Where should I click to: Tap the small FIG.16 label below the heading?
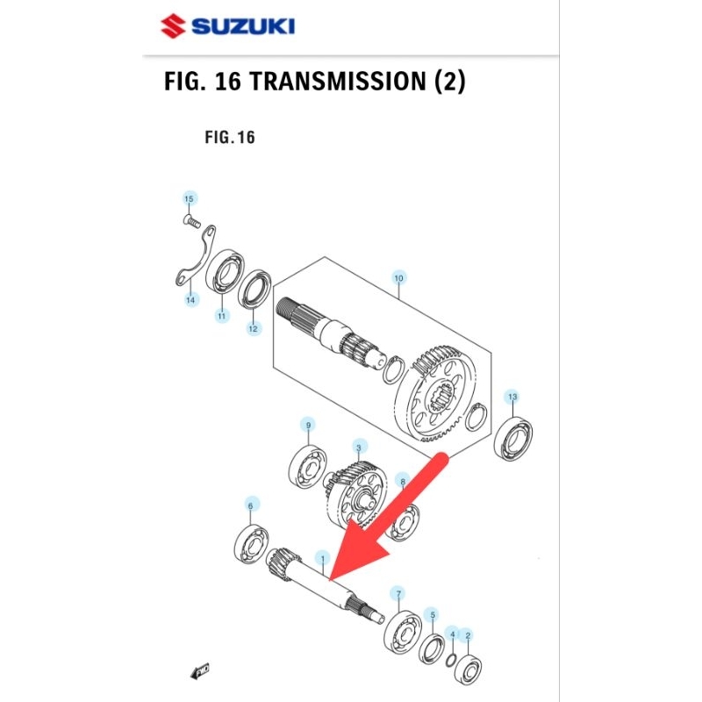229,138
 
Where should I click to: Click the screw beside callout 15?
190,220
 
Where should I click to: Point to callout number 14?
191,300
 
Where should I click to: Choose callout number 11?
222,316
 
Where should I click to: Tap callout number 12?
253,329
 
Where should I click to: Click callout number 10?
398,279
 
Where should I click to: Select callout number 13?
512,398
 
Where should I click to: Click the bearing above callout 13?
513,438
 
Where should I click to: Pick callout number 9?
308,426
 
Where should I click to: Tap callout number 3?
358,447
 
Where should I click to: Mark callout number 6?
251,505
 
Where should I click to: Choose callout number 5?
431,614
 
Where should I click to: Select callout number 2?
468,634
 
